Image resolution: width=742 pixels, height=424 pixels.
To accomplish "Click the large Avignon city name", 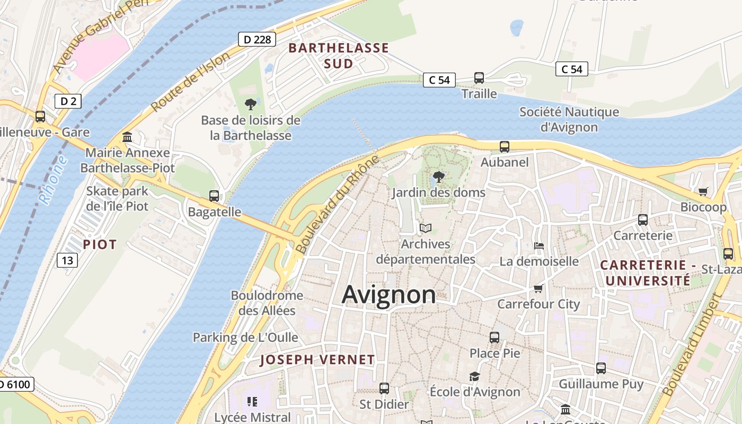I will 388,295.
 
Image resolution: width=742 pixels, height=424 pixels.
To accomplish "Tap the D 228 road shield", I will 257,39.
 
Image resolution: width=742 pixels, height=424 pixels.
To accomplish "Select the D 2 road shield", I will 68,101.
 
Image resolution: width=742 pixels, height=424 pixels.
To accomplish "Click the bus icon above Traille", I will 479,78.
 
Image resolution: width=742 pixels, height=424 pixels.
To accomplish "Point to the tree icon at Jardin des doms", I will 438,177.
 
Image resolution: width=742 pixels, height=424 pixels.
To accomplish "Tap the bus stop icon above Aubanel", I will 505,147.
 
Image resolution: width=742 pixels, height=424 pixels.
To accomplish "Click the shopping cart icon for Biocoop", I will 703,191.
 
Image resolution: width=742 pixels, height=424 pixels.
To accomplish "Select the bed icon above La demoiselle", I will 539,246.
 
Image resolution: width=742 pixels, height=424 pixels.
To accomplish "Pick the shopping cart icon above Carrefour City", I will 538,288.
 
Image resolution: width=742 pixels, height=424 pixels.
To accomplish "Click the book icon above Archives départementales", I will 426,228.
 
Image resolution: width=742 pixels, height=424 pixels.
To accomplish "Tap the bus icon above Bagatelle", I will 214,196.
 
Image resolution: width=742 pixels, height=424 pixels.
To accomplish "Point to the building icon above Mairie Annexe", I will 127,137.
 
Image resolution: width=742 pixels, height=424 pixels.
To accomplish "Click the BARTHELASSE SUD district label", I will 339,56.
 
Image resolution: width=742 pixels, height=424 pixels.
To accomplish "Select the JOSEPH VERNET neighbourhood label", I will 317,360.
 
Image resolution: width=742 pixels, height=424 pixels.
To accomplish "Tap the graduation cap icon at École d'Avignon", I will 474,376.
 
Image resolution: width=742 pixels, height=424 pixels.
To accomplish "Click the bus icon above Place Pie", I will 494,337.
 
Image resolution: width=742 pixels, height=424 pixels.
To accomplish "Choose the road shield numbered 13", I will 67,260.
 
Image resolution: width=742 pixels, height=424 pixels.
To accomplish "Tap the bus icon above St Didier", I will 384,388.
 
